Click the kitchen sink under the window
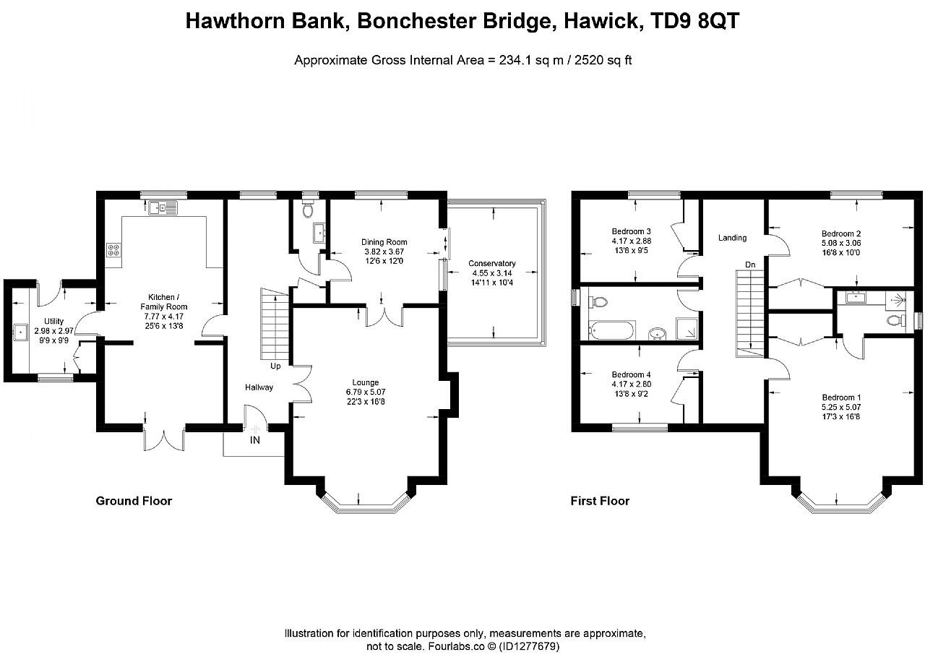click(x=163, y=207)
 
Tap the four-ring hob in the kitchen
click(x=113, y=249)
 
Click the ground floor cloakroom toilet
click(x=308, y=210)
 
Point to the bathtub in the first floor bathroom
click(x=612, y=330)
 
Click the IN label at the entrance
click(x=255, y=440)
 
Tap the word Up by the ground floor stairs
click(x=275, y=366)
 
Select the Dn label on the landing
click(x=750, y=265)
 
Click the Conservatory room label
click(x=492, y=264)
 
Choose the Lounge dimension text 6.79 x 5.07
click(x=366, y=392)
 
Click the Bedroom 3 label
click(x=632, y=231)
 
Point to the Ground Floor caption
click(x=134, y=501)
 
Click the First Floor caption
click(x=600, y=501)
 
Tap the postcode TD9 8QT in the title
click(x=694, y=21)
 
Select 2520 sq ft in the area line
click(x=603, y=60)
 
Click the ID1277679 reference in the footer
click(x=529, y=646)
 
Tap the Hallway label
click(x=259, y=387)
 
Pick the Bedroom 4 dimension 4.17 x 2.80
click(x=632, y=385)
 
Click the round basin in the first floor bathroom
click(x=657, y=333)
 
